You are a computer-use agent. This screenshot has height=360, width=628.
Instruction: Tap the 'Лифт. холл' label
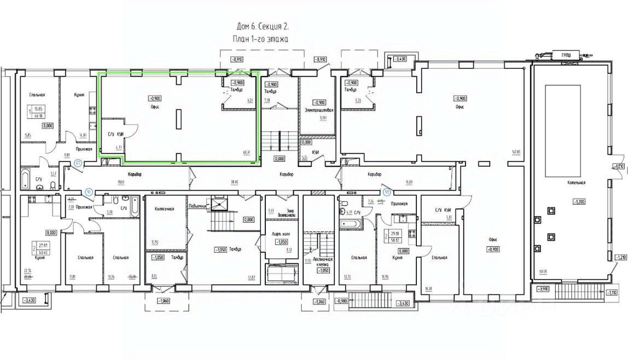[281, 234]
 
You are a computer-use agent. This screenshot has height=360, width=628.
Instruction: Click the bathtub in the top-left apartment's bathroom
[27, 178]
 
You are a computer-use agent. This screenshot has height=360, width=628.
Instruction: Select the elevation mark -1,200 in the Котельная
[579, 201]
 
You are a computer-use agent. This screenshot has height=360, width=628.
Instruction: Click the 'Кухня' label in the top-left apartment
[79, 95]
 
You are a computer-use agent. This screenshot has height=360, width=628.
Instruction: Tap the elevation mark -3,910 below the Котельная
[543, 288]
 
